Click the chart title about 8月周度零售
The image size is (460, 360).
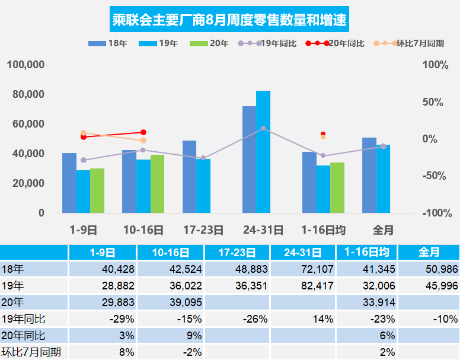(x=229, y=21)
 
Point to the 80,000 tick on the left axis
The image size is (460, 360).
(x=28, y=94)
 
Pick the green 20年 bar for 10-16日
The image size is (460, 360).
(x=157, y=184)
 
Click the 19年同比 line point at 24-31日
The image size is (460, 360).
(x=263, y=129)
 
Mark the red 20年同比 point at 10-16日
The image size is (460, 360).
(x=143, y=132)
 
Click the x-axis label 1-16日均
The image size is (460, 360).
(x=323, y=230)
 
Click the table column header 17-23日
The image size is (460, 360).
(x=238, y=252)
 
